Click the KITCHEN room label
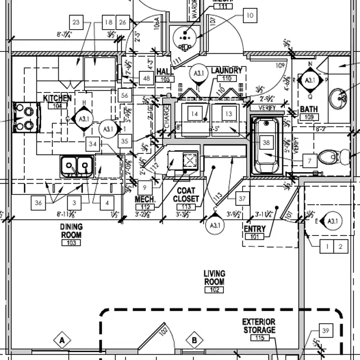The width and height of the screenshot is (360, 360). [x=57, y=98]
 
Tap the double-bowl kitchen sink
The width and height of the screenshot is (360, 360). [x=77, y=165]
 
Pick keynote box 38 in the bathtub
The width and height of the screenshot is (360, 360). [x=266, y=143]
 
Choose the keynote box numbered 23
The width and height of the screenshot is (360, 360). [x=77, y=22]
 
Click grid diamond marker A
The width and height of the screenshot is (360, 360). [x=63, y=340]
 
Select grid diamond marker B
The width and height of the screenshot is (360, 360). [x=194, y=340]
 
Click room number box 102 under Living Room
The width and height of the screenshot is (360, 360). [x=214, y=290]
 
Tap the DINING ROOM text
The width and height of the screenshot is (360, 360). [x=72, y=231]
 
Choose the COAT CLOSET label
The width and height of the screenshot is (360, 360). [x=186, y=195]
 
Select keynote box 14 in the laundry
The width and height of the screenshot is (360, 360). [x=195, y=113]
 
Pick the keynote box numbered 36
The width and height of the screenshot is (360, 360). [x=39, y=202]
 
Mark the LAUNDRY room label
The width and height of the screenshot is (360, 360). [x=227, y=71]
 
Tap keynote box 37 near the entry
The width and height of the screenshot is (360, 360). [x=242, y=199]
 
